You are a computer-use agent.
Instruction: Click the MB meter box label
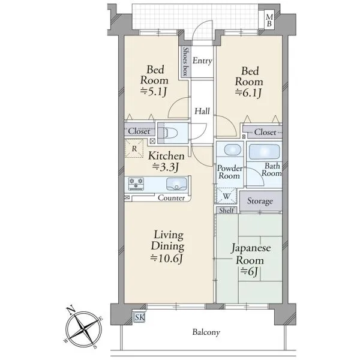269,20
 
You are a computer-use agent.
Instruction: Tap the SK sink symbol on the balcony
139,317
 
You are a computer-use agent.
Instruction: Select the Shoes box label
185,62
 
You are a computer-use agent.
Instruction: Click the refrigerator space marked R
134,148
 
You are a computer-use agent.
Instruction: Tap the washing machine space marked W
226,196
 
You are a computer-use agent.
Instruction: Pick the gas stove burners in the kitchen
136,183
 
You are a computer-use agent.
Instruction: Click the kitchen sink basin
176,184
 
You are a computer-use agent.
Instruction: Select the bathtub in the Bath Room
264,152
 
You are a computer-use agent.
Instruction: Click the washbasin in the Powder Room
232,150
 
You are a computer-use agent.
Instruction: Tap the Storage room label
260,201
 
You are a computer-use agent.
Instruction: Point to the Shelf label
226,210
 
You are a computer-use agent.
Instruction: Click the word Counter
171,198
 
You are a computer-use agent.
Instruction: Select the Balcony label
206,332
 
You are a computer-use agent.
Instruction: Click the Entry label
202,61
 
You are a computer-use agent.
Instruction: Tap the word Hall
202,111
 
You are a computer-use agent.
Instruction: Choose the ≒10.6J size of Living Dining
167,259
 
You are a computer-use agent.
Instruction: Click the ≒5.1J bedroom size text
154,92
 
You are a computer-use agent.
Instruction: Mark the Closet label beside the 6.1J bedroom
265,132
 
